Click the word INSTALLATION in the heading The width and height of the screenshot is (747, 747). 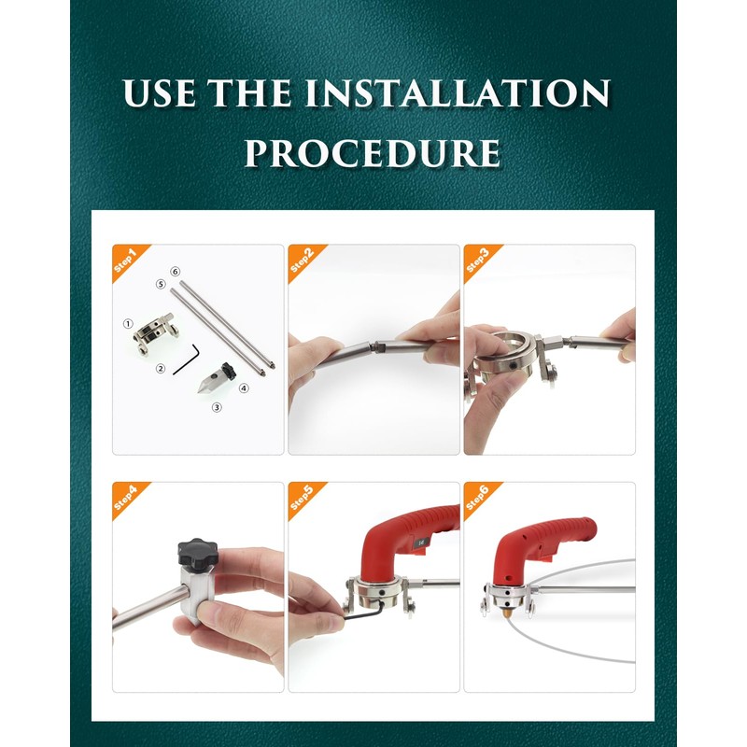tap(458, 92)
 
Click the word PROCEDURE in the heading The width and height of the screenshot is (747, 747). tap(372, 152)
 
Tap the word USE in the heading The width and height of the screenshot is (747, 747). tap(160, 92)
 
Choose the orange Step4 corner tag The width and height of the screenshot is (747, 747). tap(126, 498)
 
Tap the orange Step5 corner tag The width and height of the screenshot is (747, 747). tap(302, 498)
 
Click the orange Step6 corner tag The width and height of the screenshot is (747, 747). tap(478, 498)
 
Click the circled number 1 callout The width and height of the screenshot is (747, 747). tap(128, 324)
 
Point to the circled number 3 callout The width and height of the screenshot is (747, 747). tap(217, 407)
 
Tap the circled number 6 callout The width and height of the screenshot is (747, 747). tap(176, 272)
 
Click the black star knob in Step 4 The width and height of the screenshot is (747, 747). tap(198, 553)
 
